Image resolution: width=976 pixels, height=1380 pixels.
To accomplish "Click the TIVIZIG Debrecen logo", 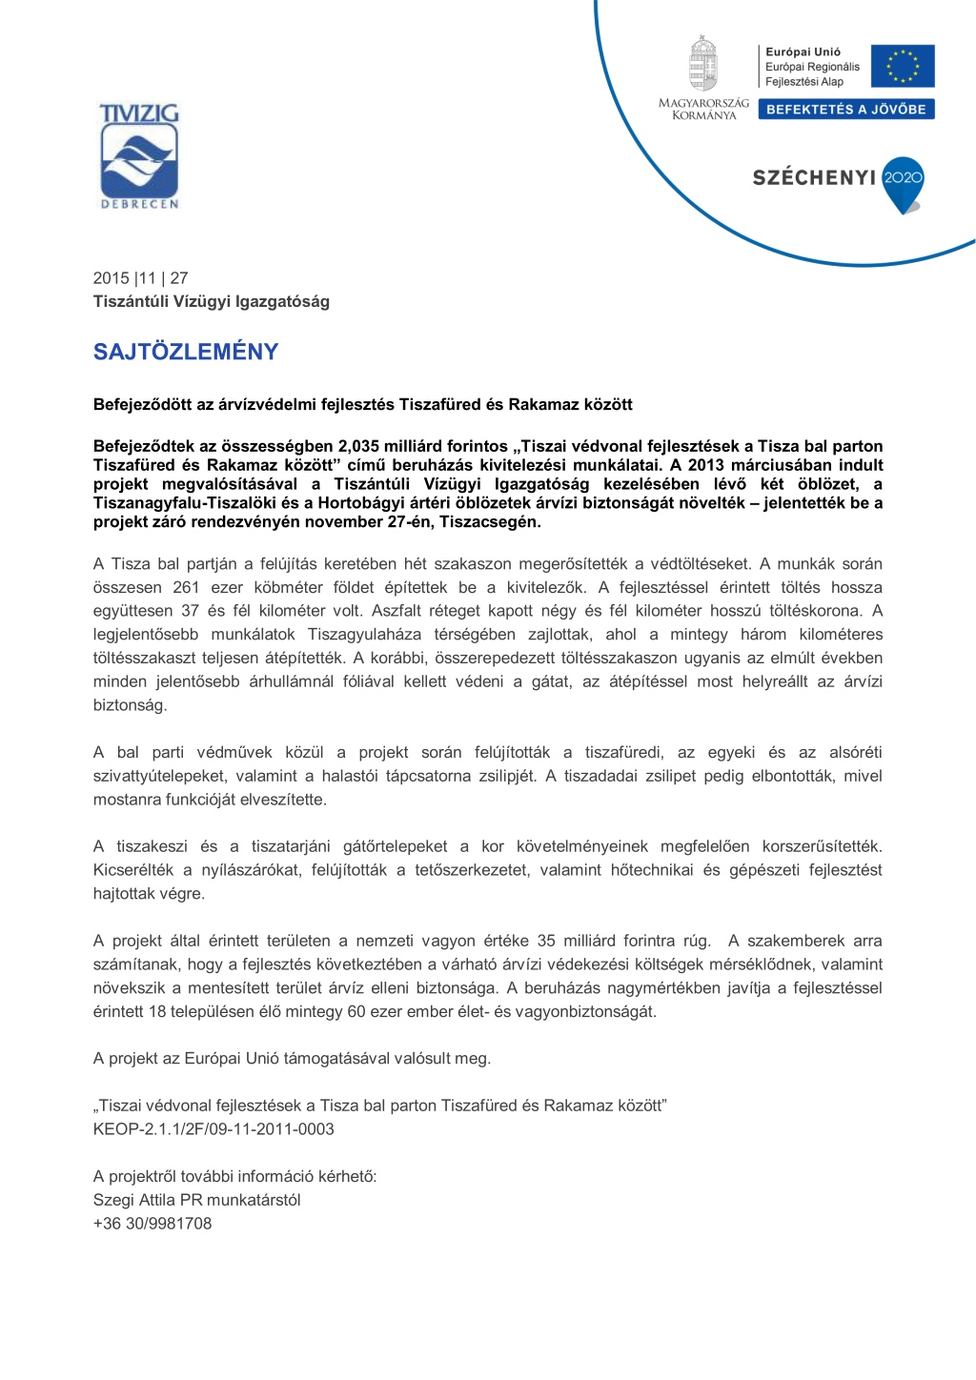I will (139, 156).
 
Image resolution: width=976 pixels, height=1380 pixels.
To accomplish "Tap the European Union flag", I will (902, 67).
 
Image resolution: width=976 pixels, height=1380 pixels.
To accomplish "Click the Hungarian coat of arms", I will (703, 64).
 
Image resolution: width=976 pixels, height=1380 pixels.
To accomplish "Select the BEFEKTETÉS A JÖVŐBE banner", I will (845, 110).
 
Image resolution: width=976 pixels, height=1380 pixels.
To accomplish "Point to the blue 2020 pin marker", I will (903, 182).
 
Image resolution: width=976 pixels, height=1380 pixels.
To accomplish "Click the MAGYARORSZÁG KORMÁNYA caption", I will (703, 109).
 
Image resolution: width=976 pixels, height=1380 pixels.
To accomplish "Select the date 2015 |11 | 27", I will (140, 278).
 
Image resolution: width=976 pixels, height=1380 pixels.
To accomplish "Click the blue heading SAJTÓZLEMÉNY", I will (186, 352).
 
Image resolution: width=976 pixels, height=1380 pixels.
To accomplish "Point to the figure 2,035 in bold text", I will (362, 446).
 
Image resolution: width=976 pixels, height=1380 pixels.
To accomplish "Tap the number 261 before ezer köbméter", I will (186, 588).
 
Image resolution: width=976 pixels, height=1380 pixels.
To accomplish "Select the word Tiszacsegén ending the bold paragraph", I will (490, 522).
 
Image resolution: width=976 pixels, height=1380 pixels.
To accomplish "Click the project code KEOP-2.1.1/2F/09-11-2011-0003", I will (213, 1129).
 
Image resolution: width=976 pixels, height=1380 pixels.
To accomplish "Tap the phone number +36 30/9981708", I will (152, 1224).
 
